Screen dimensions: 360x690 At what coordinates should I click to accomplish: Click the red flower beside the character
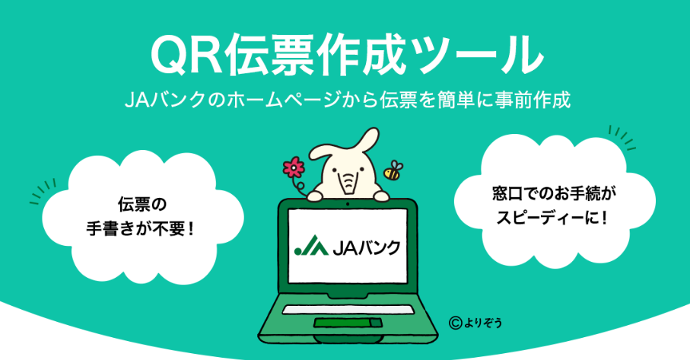pos(293,168)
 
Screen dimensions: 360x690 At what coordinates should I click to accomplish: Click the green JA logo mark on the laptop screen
pos(310,247)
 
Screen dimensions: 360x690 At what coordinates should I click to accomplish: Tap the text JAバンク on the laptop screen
pos(366,247)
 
